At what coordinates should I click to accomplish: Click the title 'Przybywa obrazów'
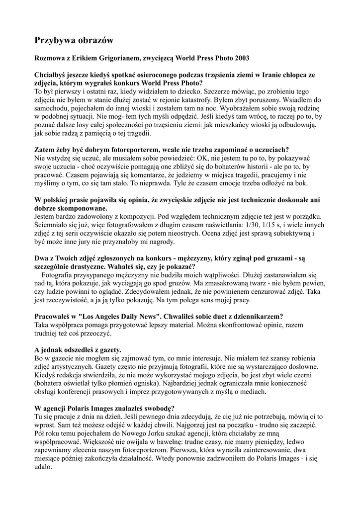(74, 40)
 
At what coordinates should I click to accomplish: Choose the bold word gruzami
(271, 258)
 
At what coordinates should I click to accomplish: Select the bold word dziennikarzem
(255, 316)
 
